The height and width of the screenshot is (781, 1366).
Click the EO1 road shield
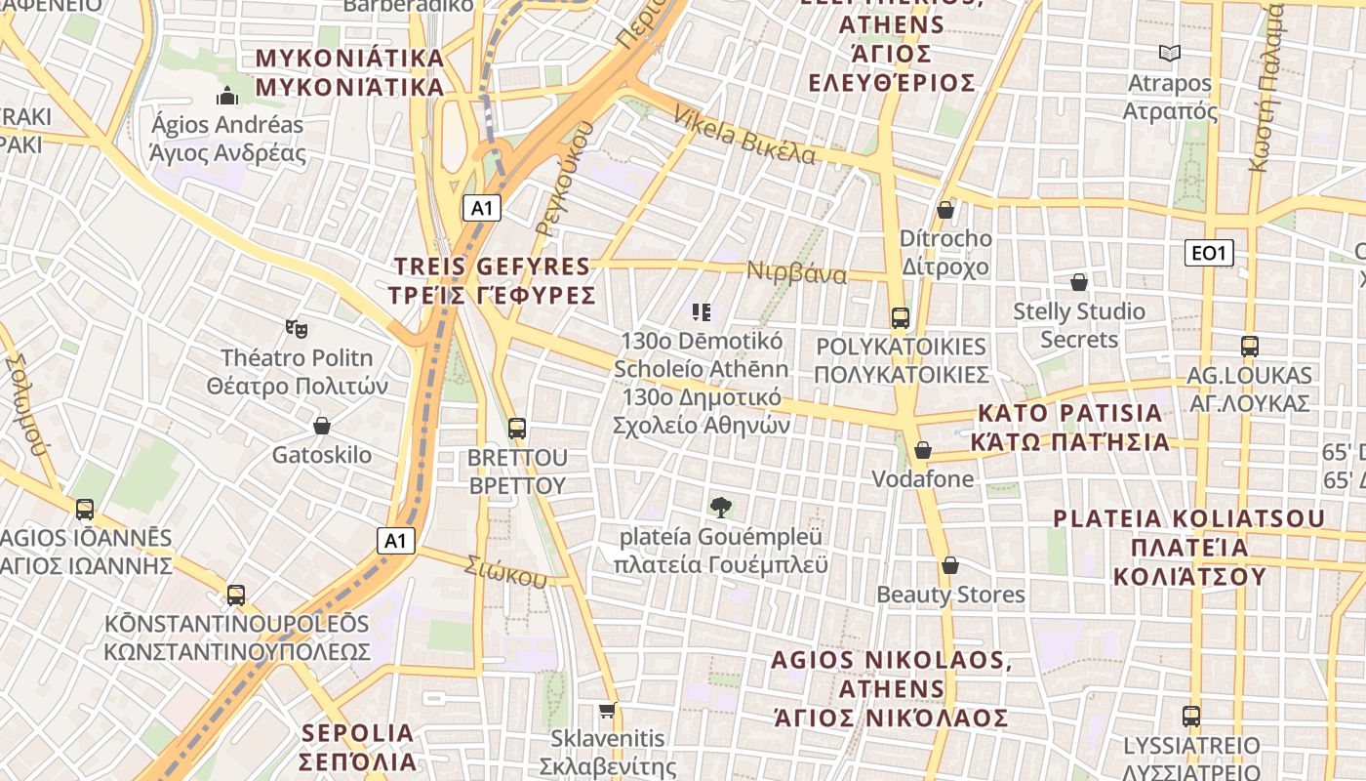(1208, 254)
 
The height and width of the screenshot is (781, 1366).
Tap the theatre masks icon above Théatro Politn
(297, 328)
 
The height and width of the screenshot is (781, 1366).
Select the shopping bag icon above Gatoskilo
(322, 427)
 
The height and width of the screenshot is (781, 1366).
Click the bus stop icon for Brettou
(517, 429)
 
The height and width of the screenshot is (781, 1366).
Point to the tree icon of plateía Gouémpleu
(721, 508)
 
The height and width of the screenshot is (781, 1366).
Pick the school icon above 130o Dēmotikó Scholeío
(702, 312)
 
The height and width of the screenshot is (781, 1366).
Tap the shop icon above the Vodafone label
(923, 450)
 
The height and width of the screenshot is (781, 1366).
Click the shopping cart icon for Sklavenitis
(608, 710)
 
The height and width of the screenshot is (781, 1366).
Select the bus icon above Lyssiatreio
(1191, 717)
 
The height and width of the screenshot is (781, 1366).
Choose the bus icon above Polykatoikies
(901, 318)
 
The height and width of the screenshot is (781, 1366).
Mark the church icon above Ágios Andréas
(227, 96)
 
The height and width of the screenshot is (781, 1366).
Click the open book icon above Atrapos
(1169, 54)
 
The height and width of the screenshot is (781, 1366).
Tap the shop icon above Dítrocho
(944, 210)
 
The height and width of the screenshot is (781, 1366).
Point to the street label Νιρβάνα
(796, 272)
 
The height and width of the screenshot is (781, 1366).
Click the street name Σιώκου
(505, 572)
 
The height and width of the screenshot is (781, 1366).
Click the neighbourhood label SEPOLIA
(358, 733)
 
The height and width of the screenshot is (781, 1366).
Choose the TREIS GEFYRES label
(492, 267)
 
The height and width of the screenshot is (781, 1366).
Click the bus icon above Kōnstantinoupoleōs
(236, 596)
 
